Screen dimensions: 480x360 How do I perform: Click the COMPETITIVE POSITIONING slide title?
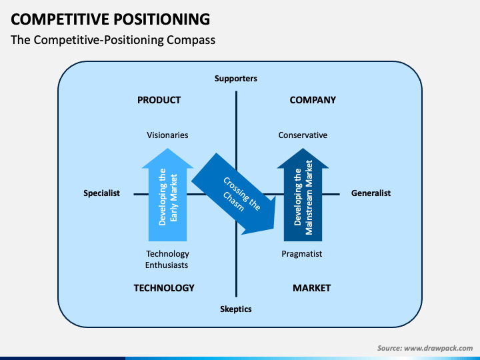pyautogui.click(x=110, y=19)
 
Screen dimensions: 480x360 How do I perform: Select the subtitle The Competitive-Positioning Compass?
pyautogui.click(x=113, y=40)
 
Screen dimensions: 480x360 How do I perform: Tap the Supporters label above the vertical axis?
pyautogui.click(x=236, y=79)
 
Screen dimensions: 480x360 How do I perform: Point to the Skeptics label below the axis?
pyautogui.click(x=236, y=309)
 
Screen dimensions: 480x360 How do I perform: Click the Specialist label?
pyautogui.click(x=101, y=193)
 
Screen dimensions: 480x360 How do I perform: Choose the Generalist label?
pyautogui.click(x=371, y=193)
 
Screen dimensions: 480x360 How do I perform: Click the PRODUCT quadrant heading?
pyautogui.click(x=159, y=100)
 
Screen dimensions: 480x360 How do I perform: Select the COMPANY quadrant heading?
pyautogui.click(x=313, y=100)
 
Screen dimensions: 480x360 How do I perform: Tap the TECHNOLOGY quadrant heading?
pyautogui.click(x=164, y=288)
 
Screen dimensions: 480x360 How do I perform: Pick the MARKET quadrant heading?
pyautogui.click(x=311, y=288)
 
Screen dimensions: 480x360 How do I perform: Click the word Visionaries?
pyautogui.click(x=167, y=135)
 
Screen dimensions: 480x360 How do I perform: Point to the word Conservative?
pyautogui.click(x=303, y=135)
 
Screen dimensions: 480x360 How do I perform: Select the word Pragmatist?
pyautogui.click(x=302, y=254)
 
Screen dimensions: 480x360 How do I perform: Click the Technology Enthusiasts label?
pyautogui.click(x=167, y=259)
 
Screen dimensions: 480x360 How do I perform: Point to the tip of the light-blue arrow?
pyautogui.click(x=167, y=149)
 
